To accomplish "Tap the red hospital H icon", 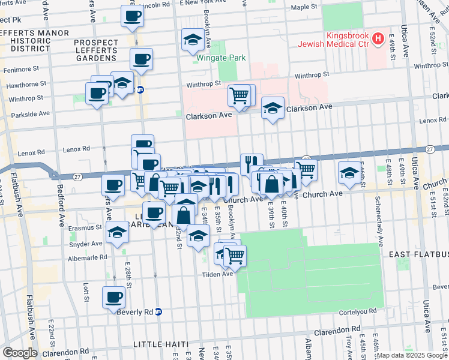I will [378, 40].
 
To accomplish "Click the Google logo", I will [19, 353].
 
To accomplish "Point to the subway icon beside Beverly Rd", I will [158, 312].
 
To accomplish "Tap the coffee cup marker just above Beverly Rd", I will [113, 297].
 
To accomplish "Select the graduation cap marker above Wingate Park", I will [192, 40].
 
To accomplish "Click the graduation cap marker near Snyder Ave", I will [118, 233].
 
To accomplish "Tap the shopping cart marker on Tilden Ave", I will [235, 256].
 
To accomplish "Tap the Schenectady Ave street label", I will [379, 219].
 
